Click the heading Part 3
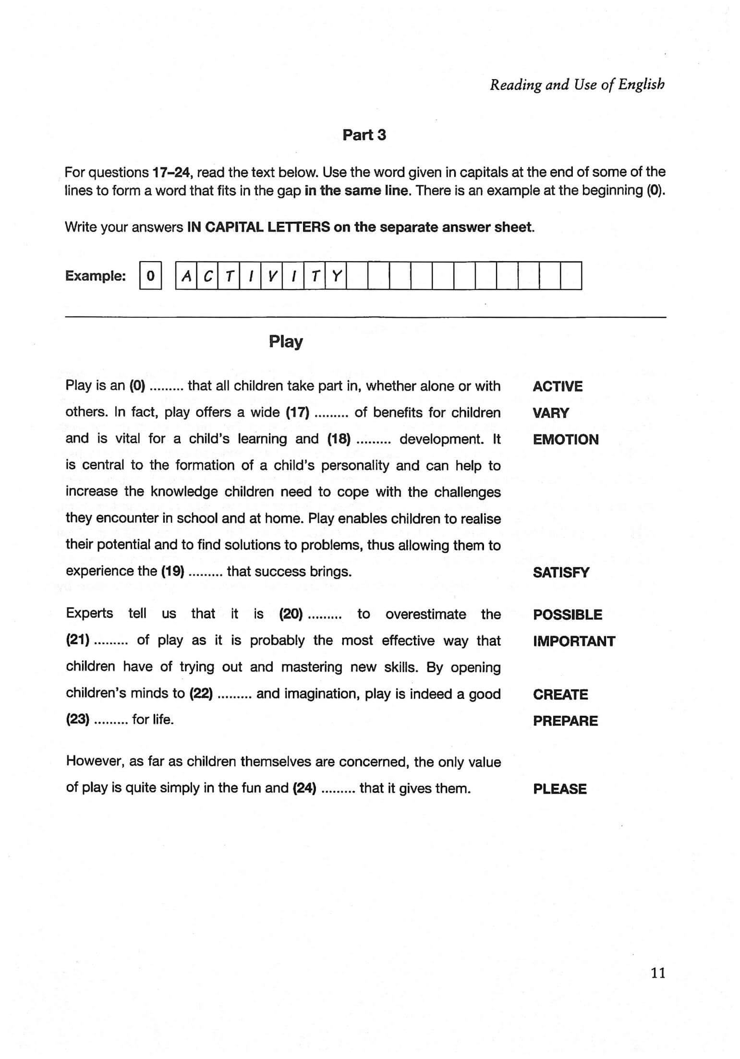tap(364, 135)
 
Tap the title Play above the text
tap(286, 342)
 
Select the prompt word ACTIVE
tap(557, 386)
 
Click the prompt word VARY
tap(550, 413)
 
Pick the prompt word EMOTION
tap(565, 439)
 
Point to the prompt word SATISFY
tap(560, 572)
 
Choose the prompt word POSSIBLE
tap(567, 614)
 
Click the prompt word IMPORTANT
tap(573, 641)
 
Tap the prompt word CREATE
tap(560, 694)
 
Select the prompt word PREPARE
tap(565, 721)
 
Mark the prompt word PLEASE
tap(559, 789)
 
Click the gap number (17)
tap(297, 413)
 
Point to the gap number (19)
tap(172, 571)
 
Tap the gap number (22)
tap(201, 694)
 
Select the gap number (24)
tap(304, 788)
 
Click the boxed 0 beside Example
tap(150, 276)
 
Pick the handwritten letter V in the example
tap(271, 276)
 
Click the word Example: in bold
tap(96, 276)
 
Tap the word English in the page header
tap(641, 84)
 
